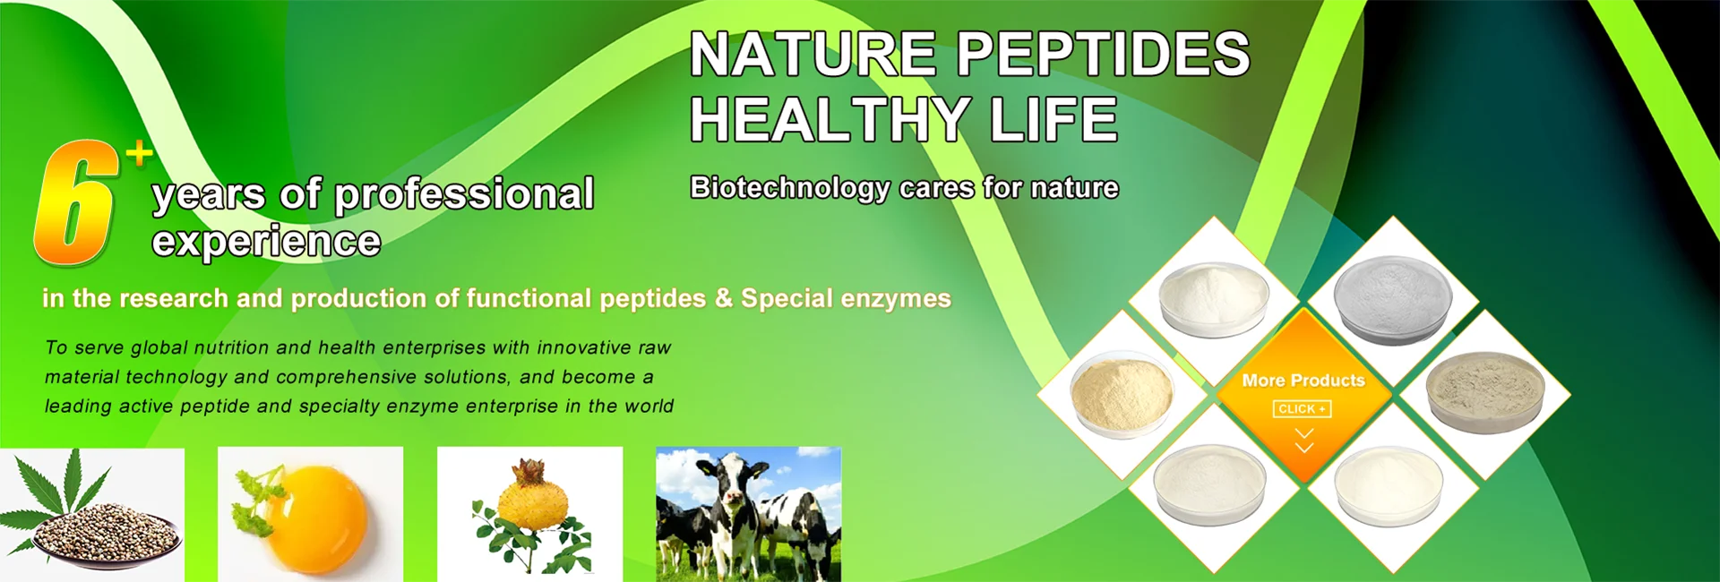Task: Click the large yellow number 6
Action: (x=76, y=203)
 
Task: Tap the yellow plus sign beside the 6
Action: (x=139, y=154)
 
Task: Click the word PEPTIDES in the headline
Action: (x=1103, y=54)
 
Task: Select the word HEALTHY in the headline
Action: (x=830, y=119)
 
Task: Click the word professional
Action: (x=464, y=195)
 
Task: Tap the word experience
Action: (x=266, y=242)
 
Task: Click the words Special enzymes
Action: (x=846, y=298)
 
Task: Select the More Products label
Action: (x=1303, y=381)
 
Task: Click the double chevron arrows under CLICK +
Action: (x=1304, y=441)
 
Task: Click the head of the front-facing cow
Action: (x=735, y=484)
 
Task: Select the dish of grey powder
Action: (x=1392, y=299)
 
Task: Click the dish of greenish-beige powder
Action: (x=1486, y=393)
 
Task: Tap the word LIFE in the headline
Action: (x=1053, y=119)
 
